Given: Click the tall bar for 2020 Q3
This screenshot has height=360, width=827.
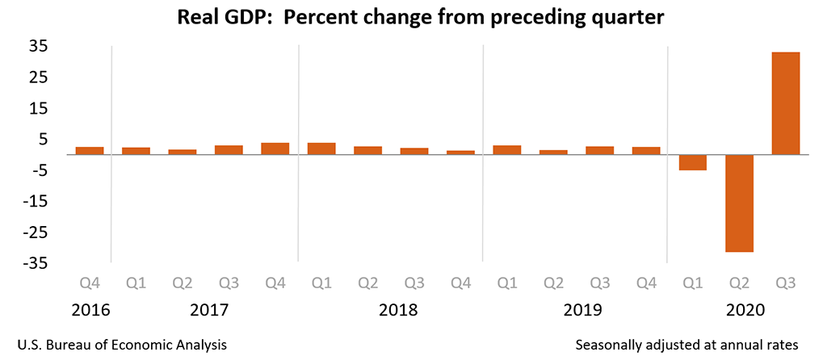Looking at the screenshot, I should (x=785, y=103).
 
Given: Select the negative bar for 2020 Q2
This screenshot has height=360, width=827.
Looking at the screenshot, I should (x=739, y=203).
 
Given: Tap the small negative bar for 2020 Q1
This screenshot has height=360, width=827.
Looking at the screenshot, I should (x=692, y=162).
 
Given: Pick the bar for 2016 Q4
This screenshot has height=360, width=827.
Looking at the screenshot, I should (x=90, y=151).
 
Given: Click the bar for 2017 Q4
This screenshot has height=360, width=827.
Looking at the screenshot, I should (x=275, y=149).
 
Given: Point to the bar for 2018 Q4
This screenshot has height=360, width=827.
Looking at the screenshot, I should (x=460, y=153).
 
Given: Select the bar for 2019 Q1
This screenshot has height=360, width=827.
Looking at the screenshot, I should (x=507, y=150).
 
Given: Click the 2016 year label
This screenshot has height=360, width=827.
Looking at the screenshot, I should (x=90, y=310).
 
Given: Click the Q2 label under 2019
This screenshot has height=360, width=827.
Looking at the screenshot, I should (x=553, y=284).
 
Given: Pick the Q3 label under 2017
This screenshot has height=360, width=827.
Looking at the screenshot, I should (x=229, y=284).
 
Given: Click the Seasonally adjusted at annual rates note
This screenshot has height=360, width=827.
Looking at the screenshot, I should (x=686, y=344).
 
